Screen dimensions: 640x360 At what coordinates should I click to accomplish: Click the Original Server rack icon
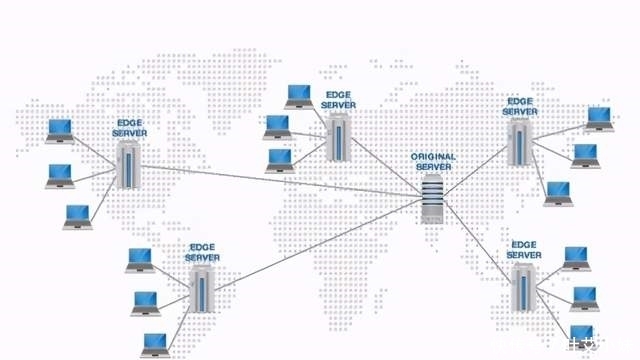(433, 198)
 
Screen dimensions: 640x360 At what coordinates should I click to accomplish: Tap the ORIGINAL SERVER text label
(433, 162)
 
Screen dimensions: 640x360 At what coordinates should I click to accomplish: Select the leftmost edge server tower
(127, 165)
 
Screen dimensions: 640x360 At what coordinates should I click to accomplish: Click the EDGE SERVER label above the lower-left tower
(202, 251)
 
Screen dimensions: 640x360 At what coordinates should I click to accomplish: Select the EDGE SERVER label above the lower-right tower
(524, 250)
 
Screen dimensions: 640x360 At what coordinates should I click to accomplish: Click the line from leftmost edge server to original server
(280, 179)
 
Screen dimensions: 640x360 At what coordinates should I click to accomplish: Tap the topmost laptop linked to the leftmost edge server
(60, 130)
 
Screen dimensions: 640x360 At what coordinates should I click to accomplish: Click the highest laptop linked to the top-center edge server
(299, 96)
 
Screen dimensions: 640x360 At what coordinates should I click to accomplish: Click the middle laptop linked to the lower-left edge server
(146, 302)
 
